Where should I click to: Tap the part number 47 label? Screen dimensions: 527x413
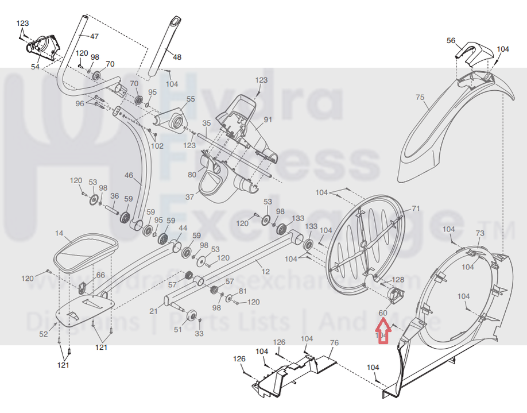click(x=94, y=36)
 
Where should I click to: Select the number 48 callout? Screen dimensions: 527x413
click(x=177, y=57)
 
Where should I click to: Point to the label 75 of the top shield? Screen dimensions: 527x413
click(x=420, y=98)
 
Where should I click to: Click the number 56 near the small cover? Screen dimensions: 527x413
click(x=451, y=40)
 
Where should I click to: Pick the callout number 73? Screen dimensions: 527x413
click(x=480, y=233)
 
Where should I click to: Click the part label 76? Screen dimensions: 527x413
click(x=335, y=343)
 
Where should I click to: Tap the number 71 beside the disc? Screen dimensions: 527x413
click(x=416, y=209)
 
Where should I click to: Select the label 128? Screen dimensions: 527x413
click(x=398, y=280)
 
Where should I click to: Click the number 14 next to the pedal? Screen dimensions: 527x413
click(x=59, y=234)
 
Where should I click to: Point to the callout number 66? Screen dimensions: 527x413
click(x=100, y=275)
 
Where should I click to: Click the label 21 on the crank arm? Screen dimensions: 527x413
click(x=153, y=311)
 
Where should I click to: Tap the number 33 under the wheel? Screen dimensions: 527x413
click(x=199, y=334)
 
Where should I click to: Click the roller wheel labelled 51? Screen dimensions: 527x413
click(x=192, y=316)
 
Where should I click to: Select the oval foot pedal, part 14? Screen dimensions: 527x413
click(x=86, y=253)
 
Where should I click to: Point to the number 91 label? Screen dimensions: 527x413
click(x=268, y=120)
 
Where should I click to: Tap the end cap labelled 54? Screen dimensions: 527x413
click(x=43, y=47)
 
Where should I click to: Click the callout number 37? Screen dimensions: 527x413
click(x=190, y=197)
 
